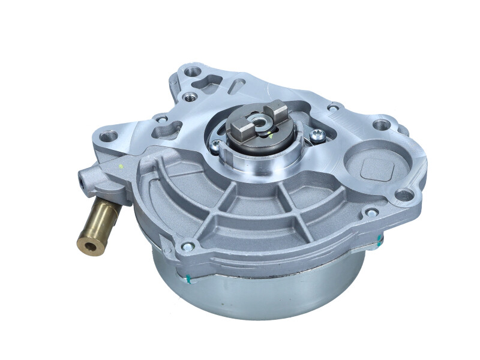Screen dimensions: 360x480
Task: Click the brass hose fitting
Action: tap(100, 223)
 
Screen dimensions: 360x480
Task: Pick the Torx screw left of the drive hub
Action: tap(215, 144)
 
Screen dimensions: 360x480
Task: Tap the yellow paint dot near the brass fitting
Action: tap(123, 166)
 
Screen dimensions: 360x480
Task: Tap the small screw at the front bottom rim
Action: tap(188, 245)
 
